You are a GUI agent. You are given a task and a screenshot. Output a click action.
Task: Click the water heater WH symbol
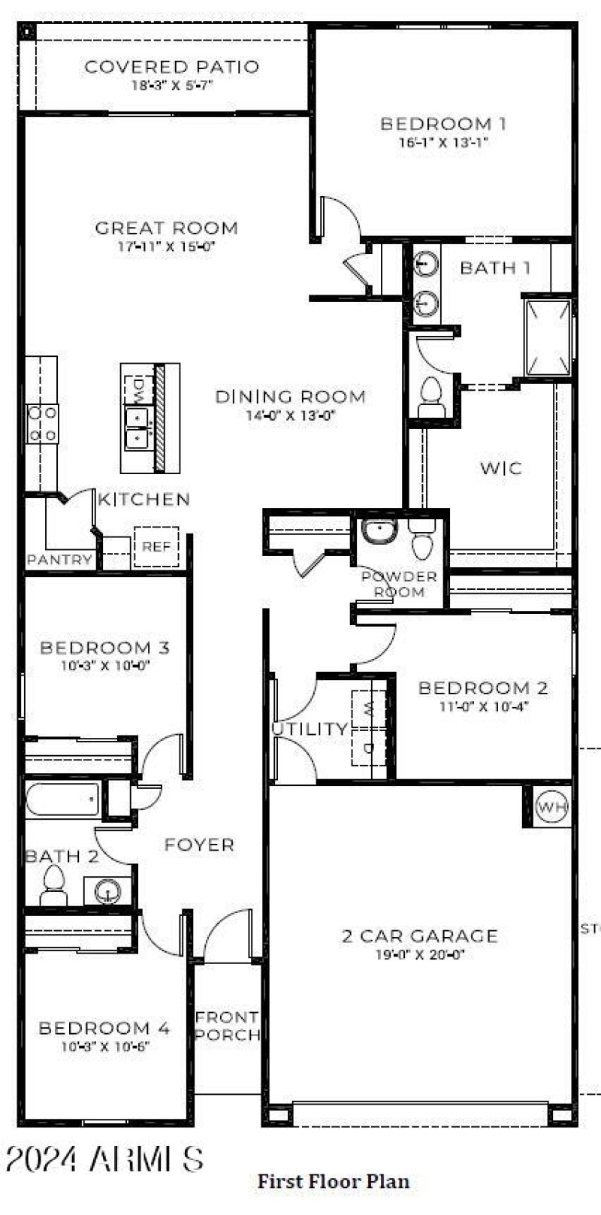coord(553,808)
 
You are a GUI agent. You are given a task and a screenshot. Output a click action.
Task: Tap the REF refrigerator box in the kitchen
coord(156,546)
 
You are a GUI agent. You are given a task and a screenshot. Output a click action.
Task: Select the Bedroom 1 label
coord(443,124)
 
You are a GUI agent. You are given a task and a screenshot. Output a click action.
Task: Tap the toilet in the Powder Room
coord(422,538)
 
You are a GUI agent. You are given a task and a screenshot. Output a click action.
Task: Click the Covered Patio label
coord(172,67)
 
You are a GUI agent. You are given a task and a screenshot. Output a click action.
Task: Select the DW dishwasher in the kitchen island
coord(138,389)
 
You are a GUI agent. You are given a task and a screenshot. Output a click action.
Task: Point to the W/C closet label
coord(501,468)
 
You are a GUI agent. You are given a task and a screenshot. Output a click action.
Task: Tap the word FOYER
coord(199,845)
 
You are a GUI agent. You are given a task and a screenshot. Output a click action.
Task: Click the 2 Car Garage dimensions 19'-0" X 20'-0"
coord(420,955)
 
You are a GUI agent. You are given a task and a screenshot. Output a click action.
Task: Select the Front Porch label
coord(227,1026)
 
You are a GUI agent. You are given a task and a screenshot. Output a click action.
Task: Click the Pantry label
coord(59,560)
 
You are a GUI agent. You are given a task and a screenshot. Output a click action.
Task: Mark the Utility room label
coord(310,729)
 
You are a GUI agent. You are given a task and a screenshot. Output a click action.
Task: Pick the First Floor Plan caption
coord(334,1181)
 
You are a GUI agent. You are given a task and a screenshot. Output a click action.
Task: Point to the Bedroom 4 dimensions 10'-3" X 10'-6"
coord(105,1047)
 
